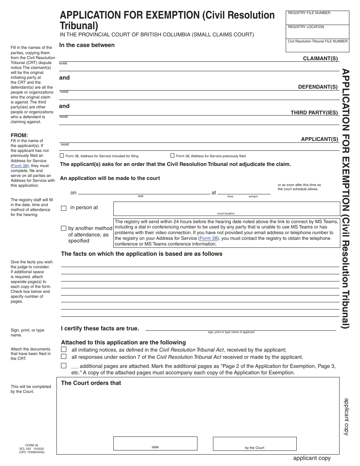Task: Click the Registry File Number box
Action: (x=317, y=18)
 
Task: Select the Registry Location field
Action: (x=317, y=32)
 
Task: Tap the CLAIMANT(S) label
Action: (x=320, y=58)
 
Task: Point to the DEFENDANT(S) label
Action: (x=318, y=87)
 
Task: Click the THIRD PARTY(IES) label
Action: (x=314, y=113)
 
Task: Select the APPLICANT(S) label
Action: (x=319, y=139)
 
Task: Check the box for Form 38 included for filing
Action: (x=62, y=156)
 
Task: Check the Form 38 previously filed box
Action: (x=172, y=156)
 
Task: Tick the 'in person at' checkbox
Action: (x=64, y=208)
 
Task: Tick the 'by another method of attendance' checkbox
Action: (x=64, y=228)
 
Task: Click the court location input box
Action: (x=226, y=208)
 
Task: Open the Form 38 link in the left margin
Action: (x=19, y=166)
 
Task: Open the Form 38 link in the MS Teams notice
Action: (x=208, y=238)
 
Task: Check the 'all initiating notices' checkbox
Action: (x=64, y=349)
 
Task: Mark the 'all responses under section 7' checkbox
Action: (x=64, y=357)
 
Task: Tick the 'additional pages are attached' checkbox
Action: (x=64, y=366)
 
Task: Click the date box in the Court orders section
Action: (x=155, y=443)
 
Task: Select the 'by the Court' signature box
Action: (x=254, y=443)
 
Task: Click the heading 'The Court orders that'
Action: (x=91, y=383)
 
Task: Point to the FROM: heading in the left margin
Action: (x=19, y=136)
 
